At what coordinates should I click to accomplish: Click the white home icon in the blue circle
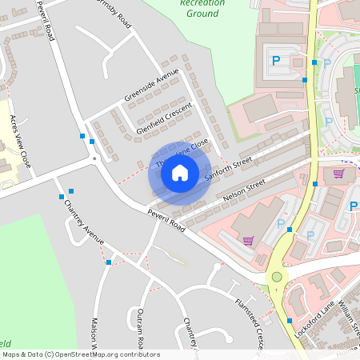[179, 173]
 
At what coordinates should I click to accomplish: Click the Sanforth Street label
[228, 168]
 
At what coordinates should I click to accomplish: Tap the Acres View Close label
[21, 140]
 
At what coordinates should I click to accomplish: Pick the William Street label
[346, 317]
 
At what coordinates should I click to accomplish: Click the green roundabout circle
[278, 277]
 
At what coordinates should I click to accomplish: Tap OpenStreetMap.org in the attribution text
[108, 354]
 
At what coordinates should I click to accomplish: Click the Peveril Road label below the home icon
[166, 221]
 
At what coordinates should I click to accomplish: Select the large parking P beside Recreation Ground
[276, 59]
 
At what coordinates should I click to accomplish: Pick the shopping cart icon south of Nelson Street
[248, 240]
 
